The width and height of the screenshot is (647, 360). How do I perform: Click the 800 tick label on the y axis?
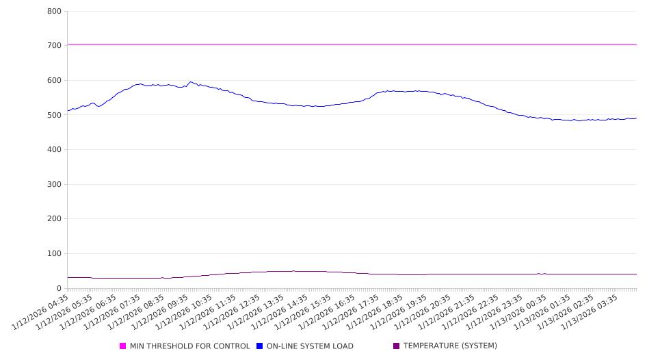[x=55, y=12]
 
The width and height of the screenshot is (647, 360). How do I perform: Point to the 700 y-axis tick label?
[x=55, y=46]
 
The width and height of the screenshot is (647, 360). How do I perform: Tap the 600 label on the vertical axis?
[x=55, y=81]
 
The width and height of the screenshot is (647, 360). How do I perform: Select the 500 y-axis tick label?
[x=55, y=116]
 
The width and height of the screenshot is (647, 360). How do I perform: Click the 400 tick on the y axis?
[x=55, y=150]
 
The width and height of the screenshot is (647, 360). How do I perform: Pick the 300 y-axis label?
[x=55, y=185]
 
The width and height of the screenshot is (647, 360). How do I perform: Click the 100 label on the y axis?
[x=55, y=254]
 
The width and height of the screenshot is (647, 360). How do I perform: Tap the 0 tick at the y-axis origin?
[x=60, y=289]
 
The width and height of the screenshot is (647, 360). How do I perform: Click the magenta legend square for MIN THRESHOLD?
[x=123, y=346]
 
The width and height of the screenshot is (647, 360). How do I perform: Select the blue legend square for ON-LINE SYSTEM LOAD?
[x=260, y=346]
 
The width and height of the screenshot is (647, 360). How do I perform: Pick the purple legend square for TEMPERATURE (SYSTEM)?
[x=397, y=346]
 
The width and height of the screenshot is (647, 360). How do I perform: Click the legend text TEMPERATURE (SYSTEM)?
[x=450, y=346]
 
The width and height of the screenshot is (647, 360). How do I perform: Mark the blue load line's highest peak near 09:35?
[x=191, y=82]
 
